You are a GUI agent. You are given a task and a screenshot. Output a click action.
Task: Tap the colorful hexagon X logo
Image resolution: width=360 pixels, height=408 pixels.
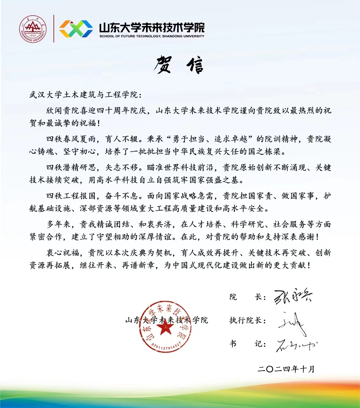76,29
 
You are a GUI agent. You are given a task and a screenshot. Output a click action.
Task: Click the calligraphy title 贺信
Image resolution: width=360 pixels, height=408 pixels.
179,65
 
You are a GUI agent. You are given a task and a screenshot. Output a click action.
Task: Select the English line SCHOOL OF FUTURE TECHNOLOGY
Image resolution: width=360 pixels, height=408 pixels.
152,36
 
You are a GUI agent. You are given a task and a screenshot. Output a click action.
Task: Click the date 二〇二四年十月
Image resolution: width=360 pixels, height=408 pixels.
286,369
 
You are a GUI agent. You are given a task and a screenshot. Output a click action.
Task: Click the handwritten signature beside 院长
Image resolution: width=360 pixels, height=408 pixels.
292,296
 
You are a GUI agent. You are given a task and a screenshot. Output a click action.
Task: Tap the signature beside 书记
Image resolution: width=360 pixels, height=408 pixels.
296,345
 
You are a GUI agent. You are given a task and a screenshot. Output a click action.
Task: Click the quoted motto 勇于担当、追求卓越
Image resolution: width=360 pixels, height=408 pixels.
211,139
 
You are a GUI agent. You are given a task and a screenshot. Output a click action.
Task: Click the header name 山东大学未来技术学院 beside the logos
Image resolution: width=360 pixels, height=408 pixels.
152,27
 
